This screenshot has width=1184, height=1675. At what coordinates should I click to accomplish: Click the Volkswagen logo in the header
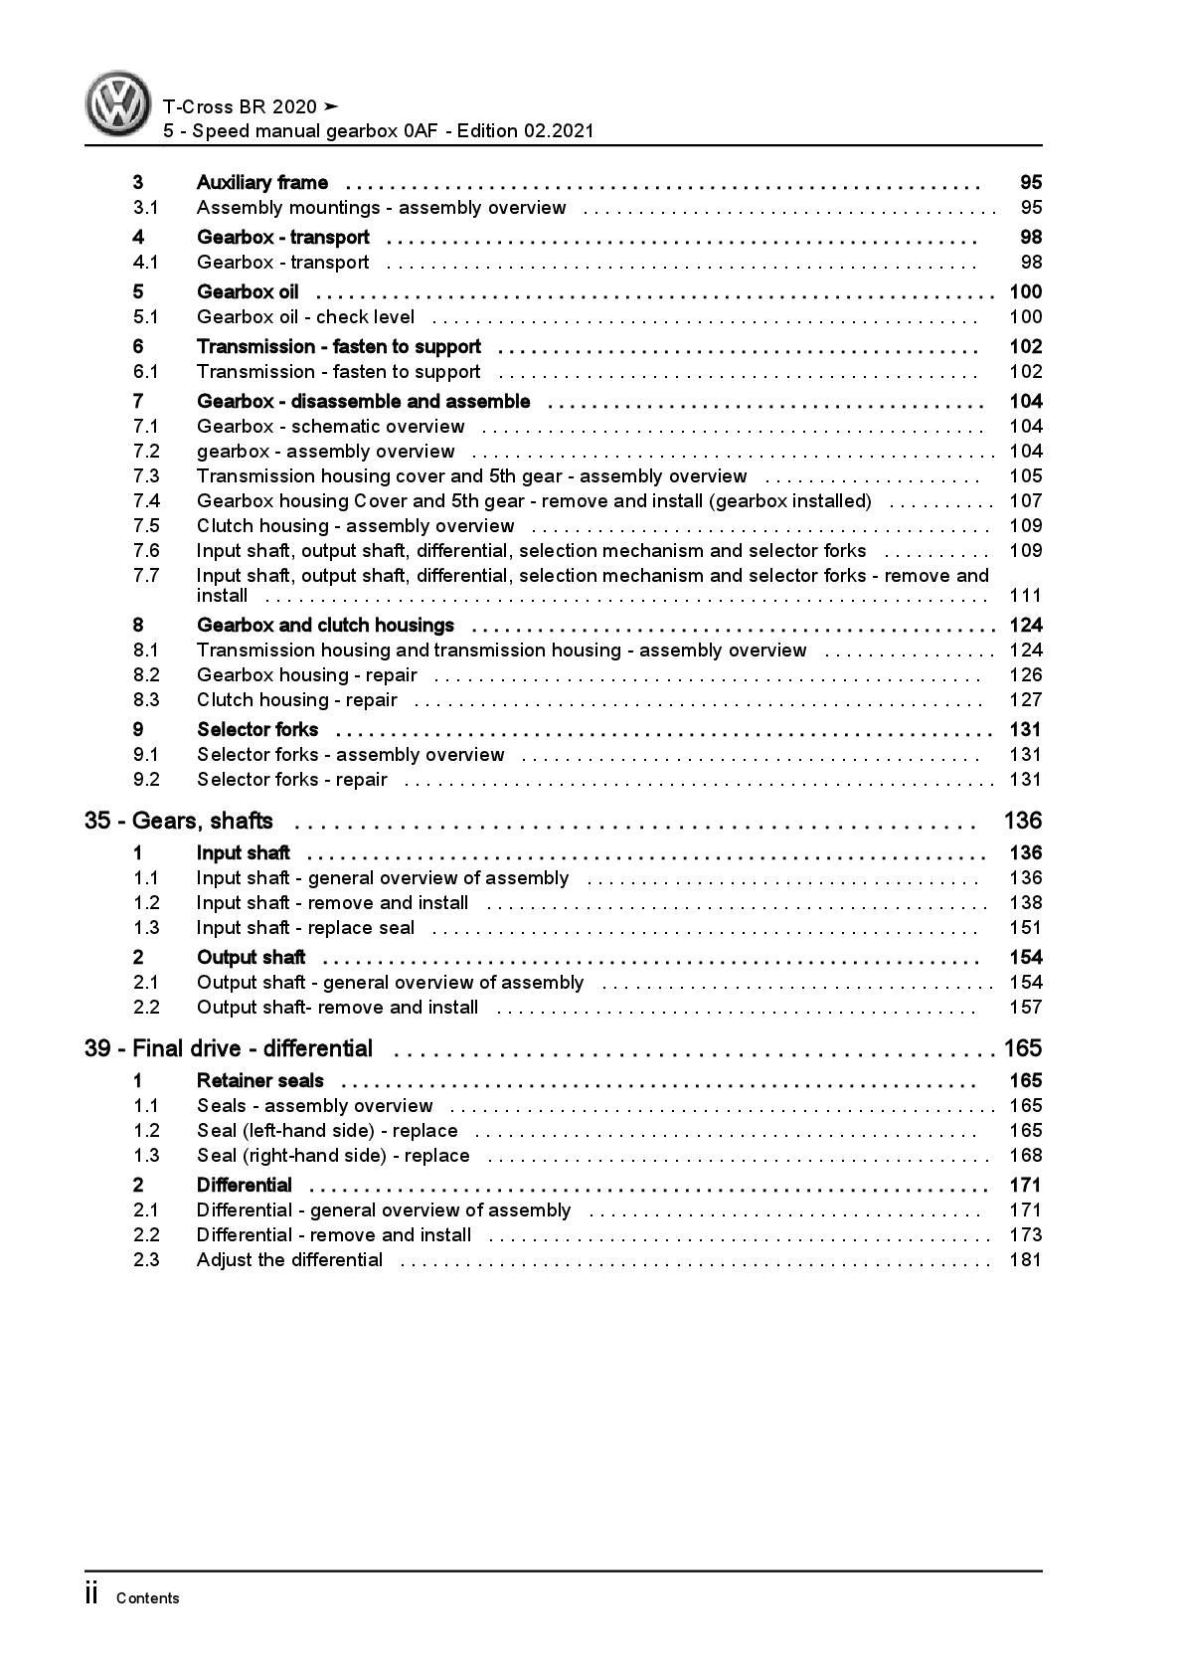coord(117,103)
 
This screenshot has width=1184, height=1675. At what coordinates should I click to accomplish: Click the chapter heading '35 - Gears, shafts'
coord(179,821)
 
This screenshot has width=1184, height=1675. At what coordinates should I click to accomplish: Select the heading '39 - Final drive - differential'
coord(229,1048)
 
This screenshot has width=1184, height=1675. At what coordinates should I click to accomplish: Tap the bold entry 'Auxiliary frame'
coord(262,182)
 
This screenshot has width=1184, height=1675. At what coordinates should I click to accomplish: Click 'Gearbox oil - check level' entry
coord(305,316)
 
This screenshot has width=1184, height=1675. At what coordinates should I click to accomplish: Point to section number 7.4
coord(146,500)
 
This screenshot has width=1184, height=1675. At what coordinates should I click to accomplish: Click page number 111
coord(1024,595)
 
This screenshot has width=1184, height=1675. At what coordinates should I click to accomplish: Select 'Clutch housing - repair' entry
coord(296,699)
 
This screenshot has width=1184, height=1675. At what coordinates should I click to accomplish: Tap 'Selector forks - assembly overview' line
coord(350,754)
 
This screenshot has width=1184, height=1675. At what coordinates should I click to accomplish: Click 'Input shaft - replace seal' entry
coord(305,927)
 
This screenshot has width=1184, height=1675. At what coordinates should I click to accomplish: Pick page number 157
coord(1024,1007)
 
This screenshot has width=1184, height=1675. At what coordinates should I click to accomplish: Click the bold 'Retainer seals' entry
coord(260,1080)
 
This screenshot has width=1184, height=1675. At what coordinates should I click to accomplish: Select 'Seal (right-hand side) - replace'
coord(333,1155)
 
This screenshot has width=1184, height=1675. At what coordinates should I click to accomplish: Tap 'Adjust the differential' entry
coord(289,1259)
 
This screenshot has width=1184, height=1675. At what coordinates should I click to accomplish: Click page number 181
coord(1024,1259)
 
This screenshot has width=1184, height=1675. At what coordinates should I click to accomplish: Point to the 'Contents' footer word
coord(147,1598)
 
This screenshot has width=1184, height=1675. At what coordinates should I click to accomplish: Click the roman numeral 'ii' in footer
coord(91,1594)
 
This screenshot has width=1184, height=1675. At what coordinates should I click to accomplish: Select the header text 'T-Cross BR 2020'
coord(240,106)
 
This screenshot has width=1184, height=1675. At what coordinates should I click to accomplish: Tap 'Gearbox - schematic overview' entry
coord(330,426)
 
